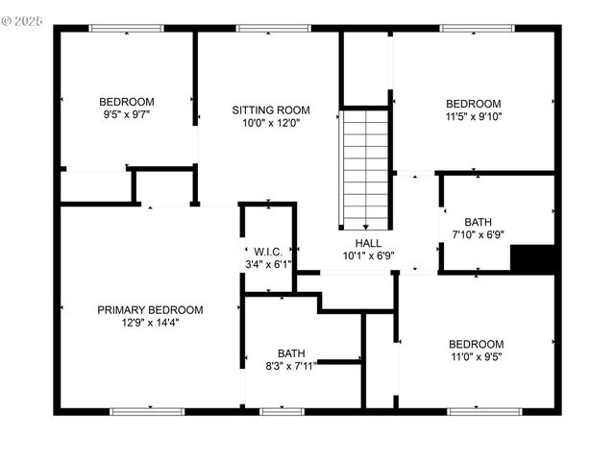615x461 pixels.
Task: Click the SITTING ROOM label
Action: pyautogui.click(x=271, y=110)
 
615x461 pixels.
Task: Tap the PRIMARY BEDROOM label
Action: pyautogui.click(x=150, y=310)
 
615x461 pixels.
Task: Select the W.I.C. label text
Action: pyautogui.click(x=266, y=252)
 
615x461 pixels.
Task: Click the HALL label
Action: pyautogui.click(x=368, y=243)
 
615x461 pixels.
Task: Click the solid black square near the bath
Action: pyautogui.click(x=532, y=260)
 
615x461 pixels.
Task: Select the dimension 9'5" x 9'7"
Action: pyautogui.click(x=127, y=114)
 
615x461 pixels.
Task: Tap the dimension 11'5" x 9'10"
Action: pyautogui.click(x=473, y=116)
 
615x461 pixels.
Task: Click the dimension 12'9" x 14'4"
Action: pyautogui.click(x=150, y=323)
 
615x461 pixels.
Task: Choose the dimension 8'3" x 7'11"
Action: pyautogui.click(x=290, y=366)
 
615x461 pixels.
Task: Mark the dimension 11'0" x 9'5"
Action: pyautogui.click(x=475, y=357)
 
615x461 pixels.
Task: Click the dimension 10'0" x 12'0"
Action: pyautogui.click(x=271, y=123)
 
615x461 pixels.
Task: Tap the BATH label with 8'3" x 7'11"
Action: pyautogui.click(x=291, y=353)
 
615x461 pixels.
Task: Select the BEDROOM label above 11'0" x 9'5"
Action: pyautogui.click(x=475, y=345)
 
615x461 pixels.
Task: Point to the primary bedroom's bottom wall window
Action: pyautogui.click(x=146, y=412)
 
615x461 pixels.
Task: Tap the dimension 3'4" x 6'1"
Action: pyautogui.click(x=266, y=264)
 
